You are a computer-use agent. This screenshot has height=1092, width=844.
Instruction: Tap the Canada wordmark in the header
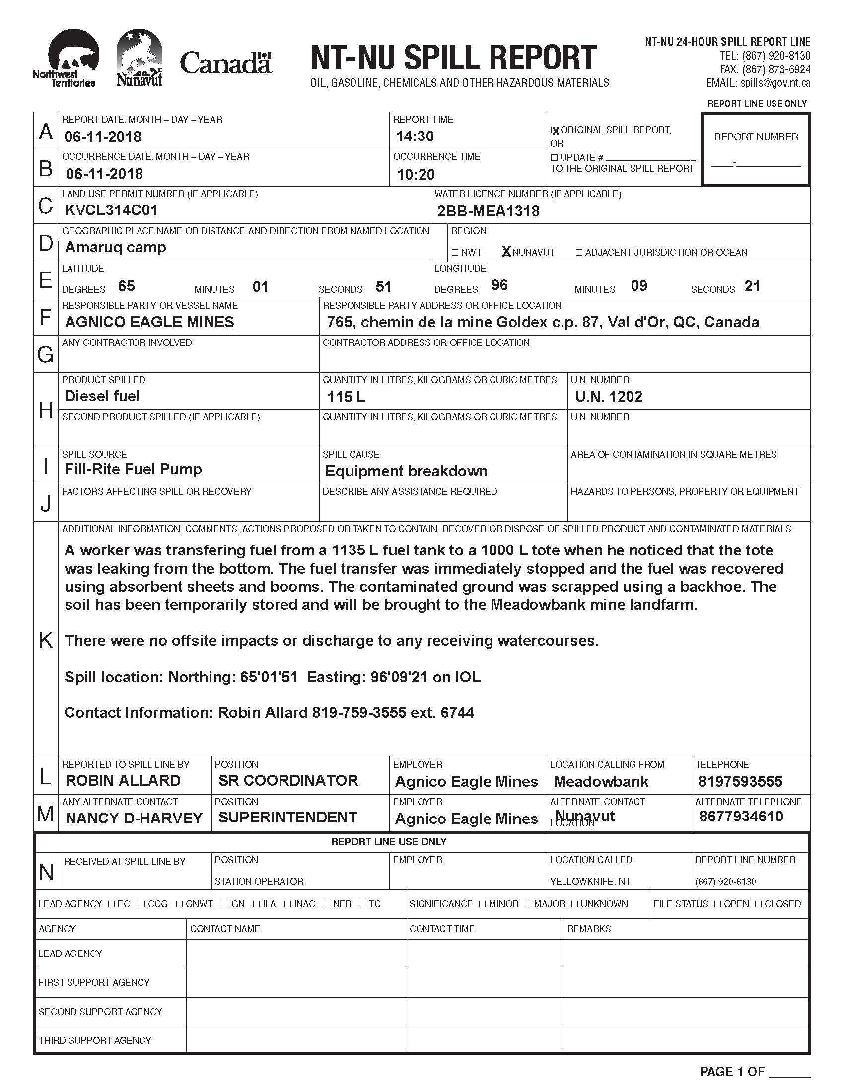pos(225,64)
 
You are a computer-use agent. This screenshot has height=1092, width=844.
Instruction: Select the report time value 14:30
pos(415,136)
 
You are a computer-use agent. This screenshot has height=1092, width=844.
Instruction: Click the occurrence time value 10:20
pos(416,175)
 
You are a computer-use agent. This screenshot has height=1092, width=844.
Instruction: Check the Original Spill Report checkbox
pos(555,131)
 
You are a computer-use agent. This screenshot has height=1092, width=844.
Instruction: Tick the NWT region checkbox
pos(454,253)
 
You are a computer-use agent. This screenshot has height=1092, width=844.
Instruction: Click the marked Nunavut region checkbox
pos(506,252)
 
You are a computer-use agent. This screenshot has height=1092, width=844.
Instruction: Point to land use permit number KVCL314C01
pos(111,210)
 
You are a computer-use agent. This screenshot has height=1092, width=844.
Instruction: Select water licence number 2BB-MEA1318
pos(488,211)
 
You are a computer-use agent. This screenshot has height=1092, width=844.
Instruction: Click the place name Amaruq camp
pos(115,247)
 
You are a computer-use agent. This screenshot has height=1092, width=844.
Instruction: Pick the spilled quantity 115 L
pos(346,397)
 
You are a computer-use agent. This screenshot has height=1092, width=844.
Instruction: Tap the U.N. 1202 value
pos(608,397)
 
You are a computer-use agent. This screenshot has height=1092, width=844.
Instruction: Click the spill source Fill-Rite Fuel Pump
pos(133,469)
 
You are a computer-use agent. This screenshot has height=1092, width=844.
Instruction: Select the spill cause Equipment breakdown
pos(406,471)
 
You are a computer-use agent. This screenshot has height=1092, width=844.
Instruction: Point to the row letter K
pos(46,640)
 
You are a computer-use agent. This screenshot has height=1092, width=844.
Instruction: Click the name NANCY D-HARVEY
pos(134,819)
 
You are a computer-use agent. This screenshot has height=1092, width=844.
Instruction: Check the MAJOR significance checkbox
pos(528,904)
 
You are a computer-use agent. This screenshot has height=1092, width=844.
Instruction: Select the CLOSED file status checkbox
pos(758,904)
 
